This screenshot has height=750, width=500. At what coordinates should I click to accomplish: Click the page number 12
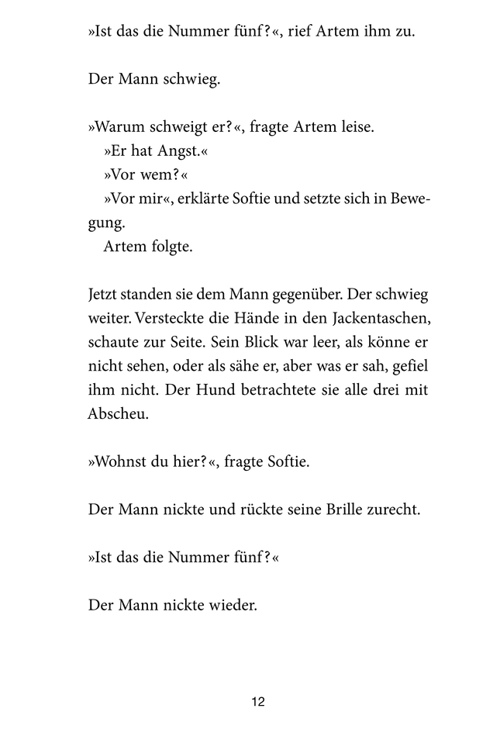258,702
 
